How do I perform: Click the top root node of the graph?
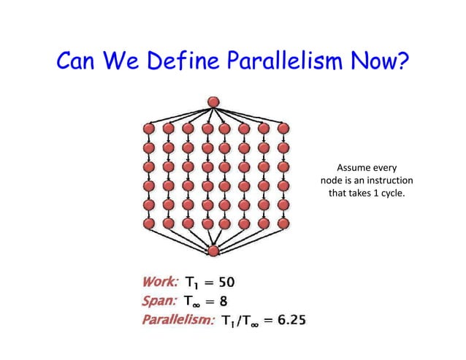click(x=213, y=102)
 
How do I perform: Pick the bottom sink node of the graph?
click(x=213, y=251)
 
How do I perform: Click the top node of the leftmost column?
click(x=148, y=129)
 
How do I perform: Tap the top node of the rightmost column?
click(x=283, y=129)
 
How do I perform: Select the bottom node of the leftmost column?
click(x=148, y=223)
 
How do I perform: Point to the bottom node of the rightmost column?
click(x=283, y=223)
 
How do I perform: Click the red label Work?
click(x=158, y=281)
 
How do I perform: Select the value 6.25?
click(x=296, y=319)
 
